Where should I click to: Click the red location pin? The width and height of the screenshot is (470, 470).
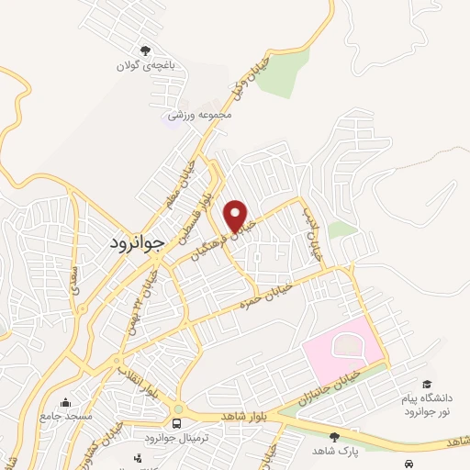coord(237,214)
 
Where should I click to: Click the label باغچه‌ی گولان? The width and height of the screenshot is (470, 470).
coord(144,66)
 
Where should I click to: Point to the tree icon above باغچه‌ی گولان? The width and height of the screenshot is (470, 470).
coord(144,51)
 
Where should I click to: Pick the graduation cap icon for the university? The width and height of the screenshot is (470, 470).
coord(426,384)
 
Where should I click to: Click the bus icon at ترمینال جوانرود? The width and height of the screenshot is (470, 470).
coord(176,422)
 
